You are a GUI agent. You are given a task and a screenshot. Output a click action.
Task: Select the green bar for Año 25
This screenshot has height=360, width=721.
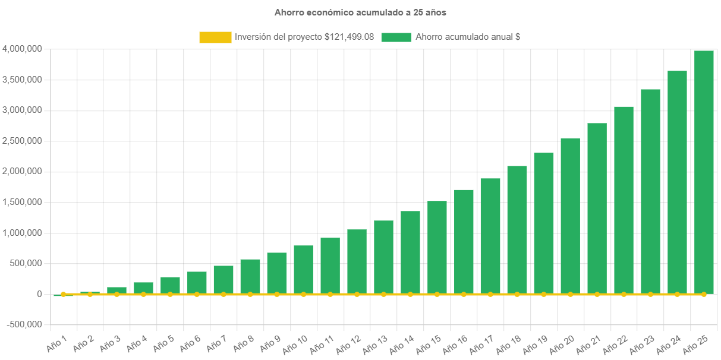click(x=704, y=172)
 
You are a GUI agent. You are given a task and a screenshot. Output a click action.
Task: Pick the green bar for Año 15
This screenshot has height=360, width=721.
click(x=437, y=247)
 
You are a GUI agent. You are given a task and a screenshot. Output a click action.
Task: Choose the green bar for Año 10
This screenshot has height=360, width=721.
click(x=303, y=270)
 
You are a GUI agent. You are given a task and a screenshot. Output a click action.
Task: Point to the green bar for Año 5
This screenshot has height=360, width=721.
click(x=170, y=285)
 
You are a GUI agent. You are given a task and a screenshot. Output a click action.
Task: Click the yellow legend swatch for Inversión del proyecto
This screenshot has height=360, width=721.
click(x=215, y=37)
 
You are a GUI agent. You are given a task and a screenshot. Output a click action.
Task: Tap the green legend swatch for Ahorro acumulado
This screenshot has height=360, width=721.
click(x=396, y=37)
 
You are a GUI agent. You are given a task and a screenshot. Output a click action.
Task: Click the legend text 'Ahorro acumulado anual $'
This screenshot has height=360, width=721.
click(x=468, y=37)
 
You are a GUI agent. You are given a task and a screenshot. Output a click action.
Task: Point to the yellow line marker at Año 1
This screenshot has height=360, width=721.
click(x=63, y=294)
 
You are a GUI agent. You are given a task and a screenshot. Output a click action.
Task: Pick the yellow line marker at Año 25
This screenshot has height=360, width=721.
click(x=704, y=294)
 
